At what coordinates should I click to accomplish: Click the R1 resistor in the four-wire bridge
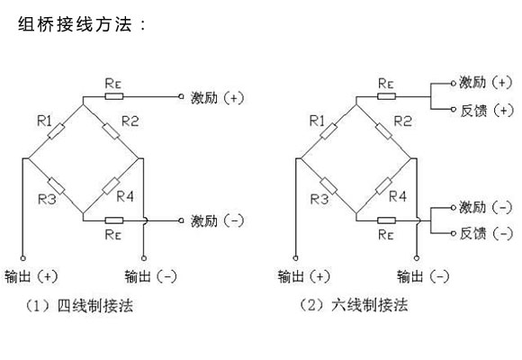pyautogui.click(x=56, y=131)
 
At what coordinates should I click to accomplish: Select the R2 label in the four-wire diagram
pyautogui.click(x=130, y=121)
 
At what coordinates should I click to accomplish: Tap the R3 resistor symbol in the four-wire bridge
pyautogui.click(x=56, y=186)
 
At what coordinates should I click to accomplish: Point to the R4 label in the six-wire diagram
pyautogui.click(x=398, y=196)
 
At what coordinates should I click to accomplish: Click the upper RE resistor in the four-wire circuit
pyautogui.click(x=114, y=96)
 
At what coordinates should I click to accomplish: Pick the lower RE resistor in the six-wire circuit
pyautogui.click(x=386, y=220)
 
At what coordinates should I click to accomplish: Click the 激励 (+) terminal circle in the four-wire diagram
pyautogui.click(x=181, y=96)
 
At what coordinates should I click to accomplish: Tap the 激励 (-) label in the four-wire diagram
pyautogui.click(x=217, y=220)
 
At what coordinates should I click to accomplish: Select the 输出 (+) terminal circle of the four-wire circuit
pyautogui.click(x=22, y=258)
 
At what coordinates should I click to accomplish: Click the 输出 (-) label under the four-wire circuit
pyautogui.click(x=150, y=276)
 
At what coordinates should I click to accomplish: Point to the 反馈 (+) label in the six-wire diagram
pyautogui.click(x=487, y=111)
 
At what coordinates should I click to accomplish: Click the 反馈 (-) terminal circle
pyautogui.click(x=453, y=233)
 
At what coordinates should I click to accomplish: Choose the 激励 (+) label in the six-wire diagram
pyautogui.click(x=486, y=82)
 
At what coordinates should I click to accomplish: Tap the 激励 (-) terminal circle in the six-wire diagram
pyautogui.click(x=453, y=208)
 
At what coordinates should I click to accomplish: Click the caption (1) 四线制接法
pyautogui.click(x=79, y=306)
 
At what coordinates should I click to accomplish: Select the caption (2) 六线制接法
pyautogui.click(x=354, y=305)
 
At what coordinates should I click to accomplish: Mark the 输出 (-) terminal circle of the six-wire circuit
pyautogui.click(x=417, y=258)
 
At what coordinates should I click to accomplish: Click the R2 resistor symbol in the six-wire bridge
pyautogui.click(x=383, y=131)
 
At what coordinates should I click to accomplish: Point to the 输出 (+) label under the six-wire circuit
pyautogui.click(x=304, y=276)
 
